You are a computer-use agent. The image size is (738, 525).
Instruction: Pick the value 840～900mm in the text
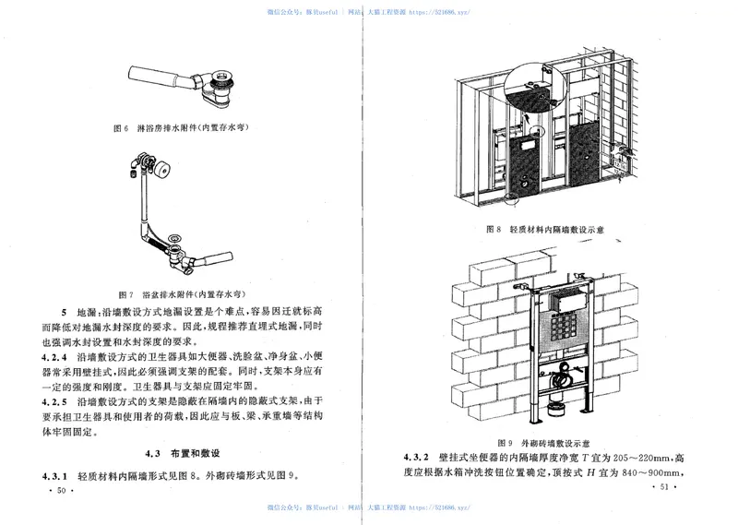[652, 474]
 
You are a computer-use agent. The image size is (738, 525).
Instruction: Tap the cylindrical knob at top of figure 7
[167, 170]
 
